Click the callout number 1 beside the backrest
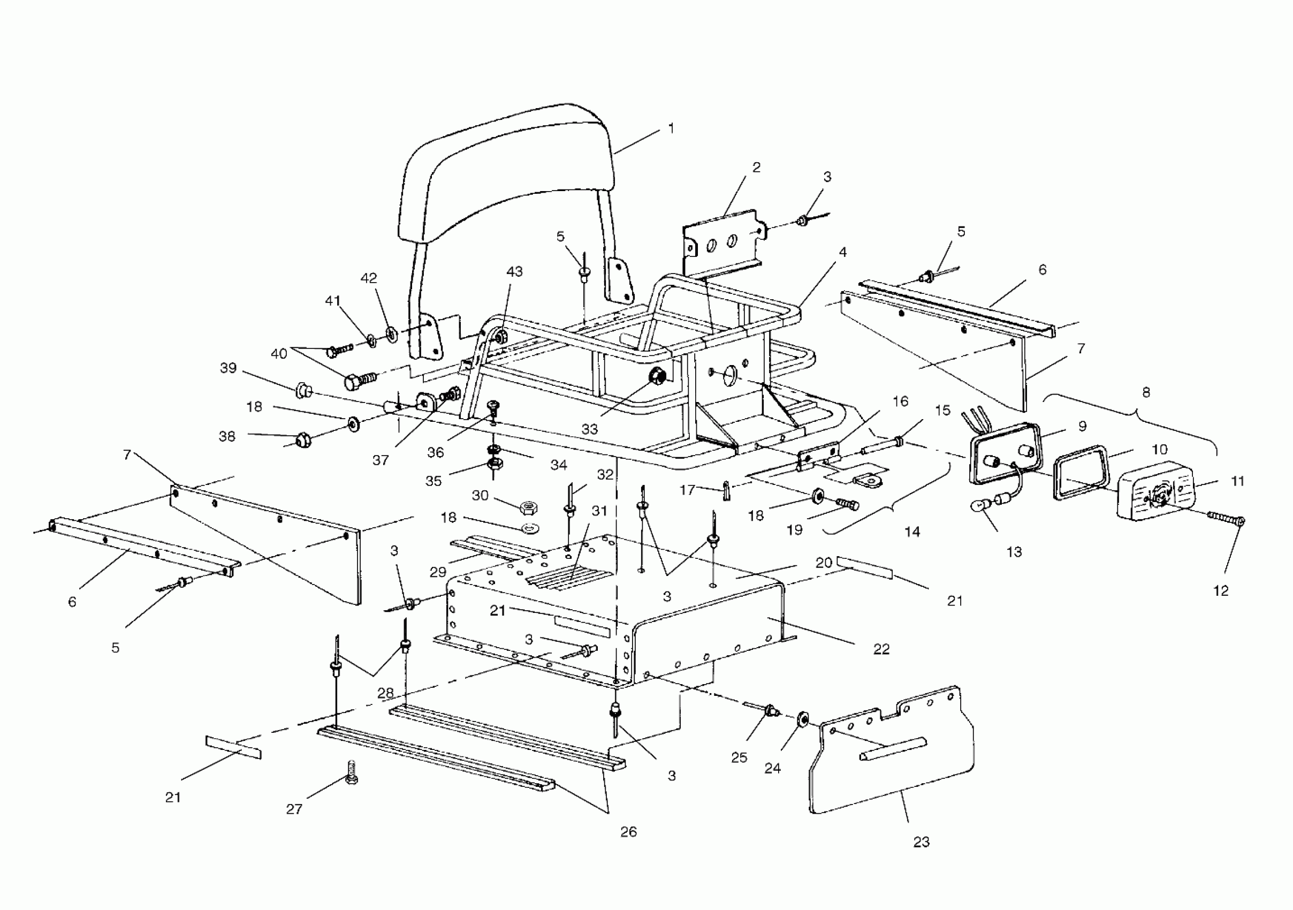(x=671, y=128)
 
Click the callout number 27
(x=294, y=809)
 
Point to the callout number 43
(x=514, y=271)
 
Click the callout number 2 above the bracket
(x=756, y=167)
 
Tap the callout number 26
(x=628, y=832)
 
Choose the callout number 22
(x=881, y=649)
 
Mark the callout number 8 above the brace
(x=1146, y=392)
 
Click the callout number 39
(x=228, y=368)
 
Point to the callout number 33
(x=590, y=429)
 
